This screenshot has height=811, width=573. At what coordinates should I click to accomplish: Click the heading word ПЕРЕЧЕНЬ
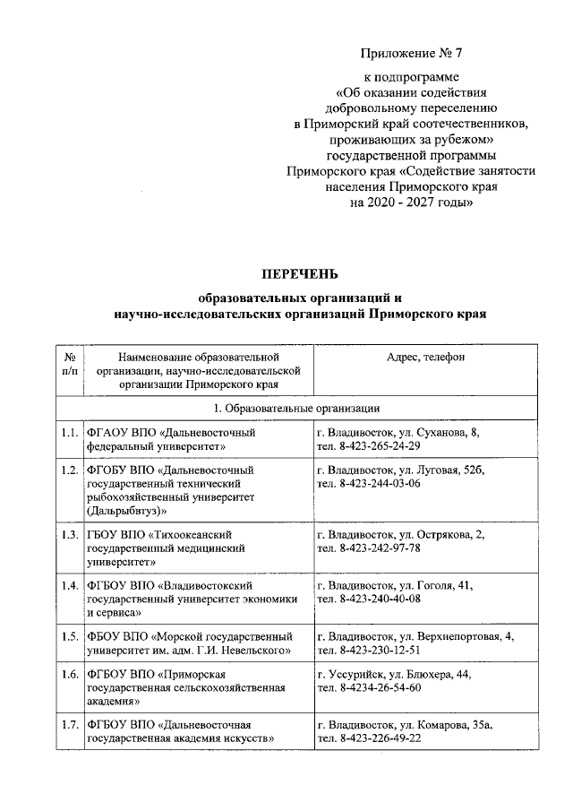click(x=299, y=272)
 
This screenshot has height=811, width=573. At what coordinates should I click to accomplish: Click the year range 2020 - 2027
click(x=393, y=203)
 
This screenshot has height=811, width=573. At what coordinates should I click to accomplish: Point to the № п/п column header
click(x=70, y=364)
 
